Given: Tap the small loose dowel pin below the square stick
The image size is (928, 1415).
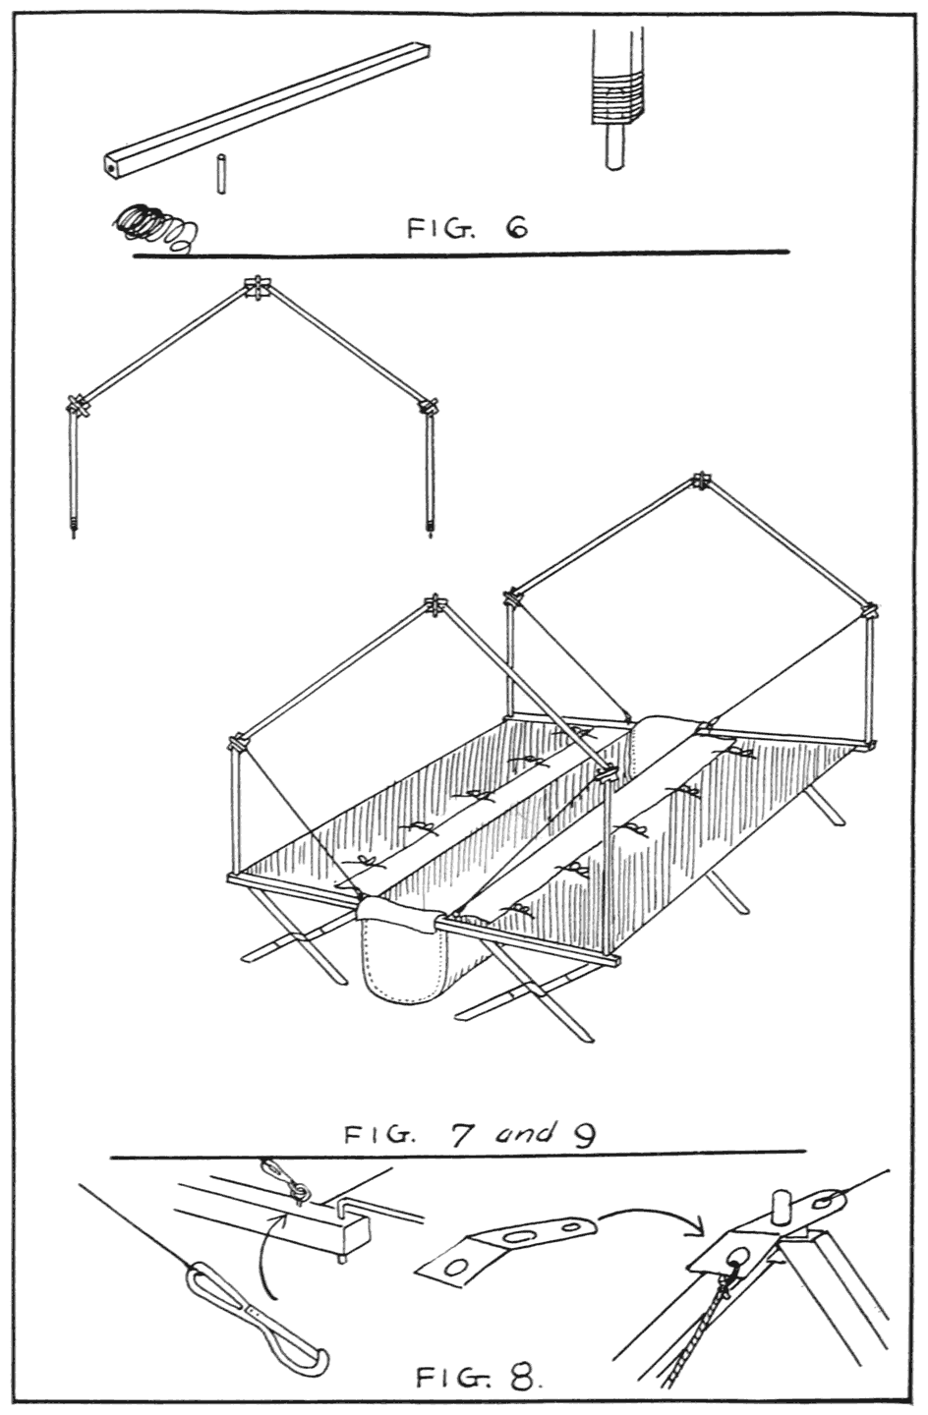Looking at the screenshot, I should tap(222, 175).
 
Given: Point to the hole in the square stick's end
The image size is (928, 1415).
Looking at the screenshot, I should tap(112, 169).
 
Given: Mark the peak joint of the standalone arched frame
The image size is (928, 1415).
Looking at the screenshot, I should tap(256, 289).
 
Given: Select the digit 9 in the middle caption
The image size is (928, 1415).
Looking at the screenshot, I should tap(582, 1135).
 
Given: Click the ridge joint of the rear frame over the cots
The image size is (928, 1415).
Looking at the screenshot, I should tap(700, 481).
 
